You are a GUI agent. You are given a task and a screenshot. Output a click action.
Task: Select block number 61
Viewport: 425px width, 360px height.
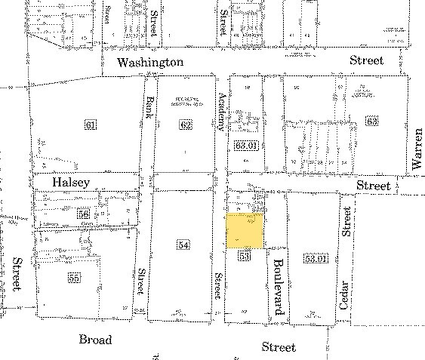tap(91, 125)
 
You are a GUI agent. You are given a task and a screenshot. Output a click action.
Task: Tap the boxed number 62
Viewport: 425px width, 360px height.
tap(186, 125)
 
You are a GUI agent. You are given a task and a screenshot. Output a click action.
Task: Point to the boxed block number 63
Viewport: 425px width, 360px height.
tap(371, 121)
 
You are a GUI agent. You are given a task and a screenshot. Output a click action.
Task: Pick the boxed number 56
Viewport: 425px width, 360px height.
tap(84, 214)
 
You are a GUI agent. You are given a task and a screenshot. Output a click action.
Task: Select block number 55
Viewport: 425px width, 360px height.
tap(73, 278)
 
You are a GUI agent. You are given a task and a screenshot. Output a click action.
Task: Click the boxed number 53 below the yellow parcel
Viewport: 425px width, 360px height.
tap(243, 257)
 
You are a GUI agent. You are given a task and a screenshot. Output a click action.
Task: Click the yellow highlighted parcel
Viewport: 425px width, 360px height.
tap(245, 230)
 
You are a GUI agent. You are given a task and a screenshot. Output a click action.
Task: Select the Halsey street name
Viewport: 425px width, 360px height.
tap(71, 183)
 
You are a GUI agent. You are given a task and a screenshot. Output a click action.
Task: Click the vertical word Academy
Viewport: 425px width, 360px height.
tap(222, 110)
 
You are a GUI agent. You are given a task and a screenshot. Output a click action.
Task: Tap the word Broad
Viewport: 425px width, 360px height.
tap(95, 340)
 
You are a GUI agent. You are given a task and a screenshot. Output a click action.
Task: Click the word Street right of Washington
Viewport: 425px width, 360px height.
tap(366, 60)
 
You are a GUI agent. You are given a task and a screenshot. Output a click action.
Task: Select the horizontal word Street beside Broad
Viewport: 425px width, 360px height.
tap(279, 346)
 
